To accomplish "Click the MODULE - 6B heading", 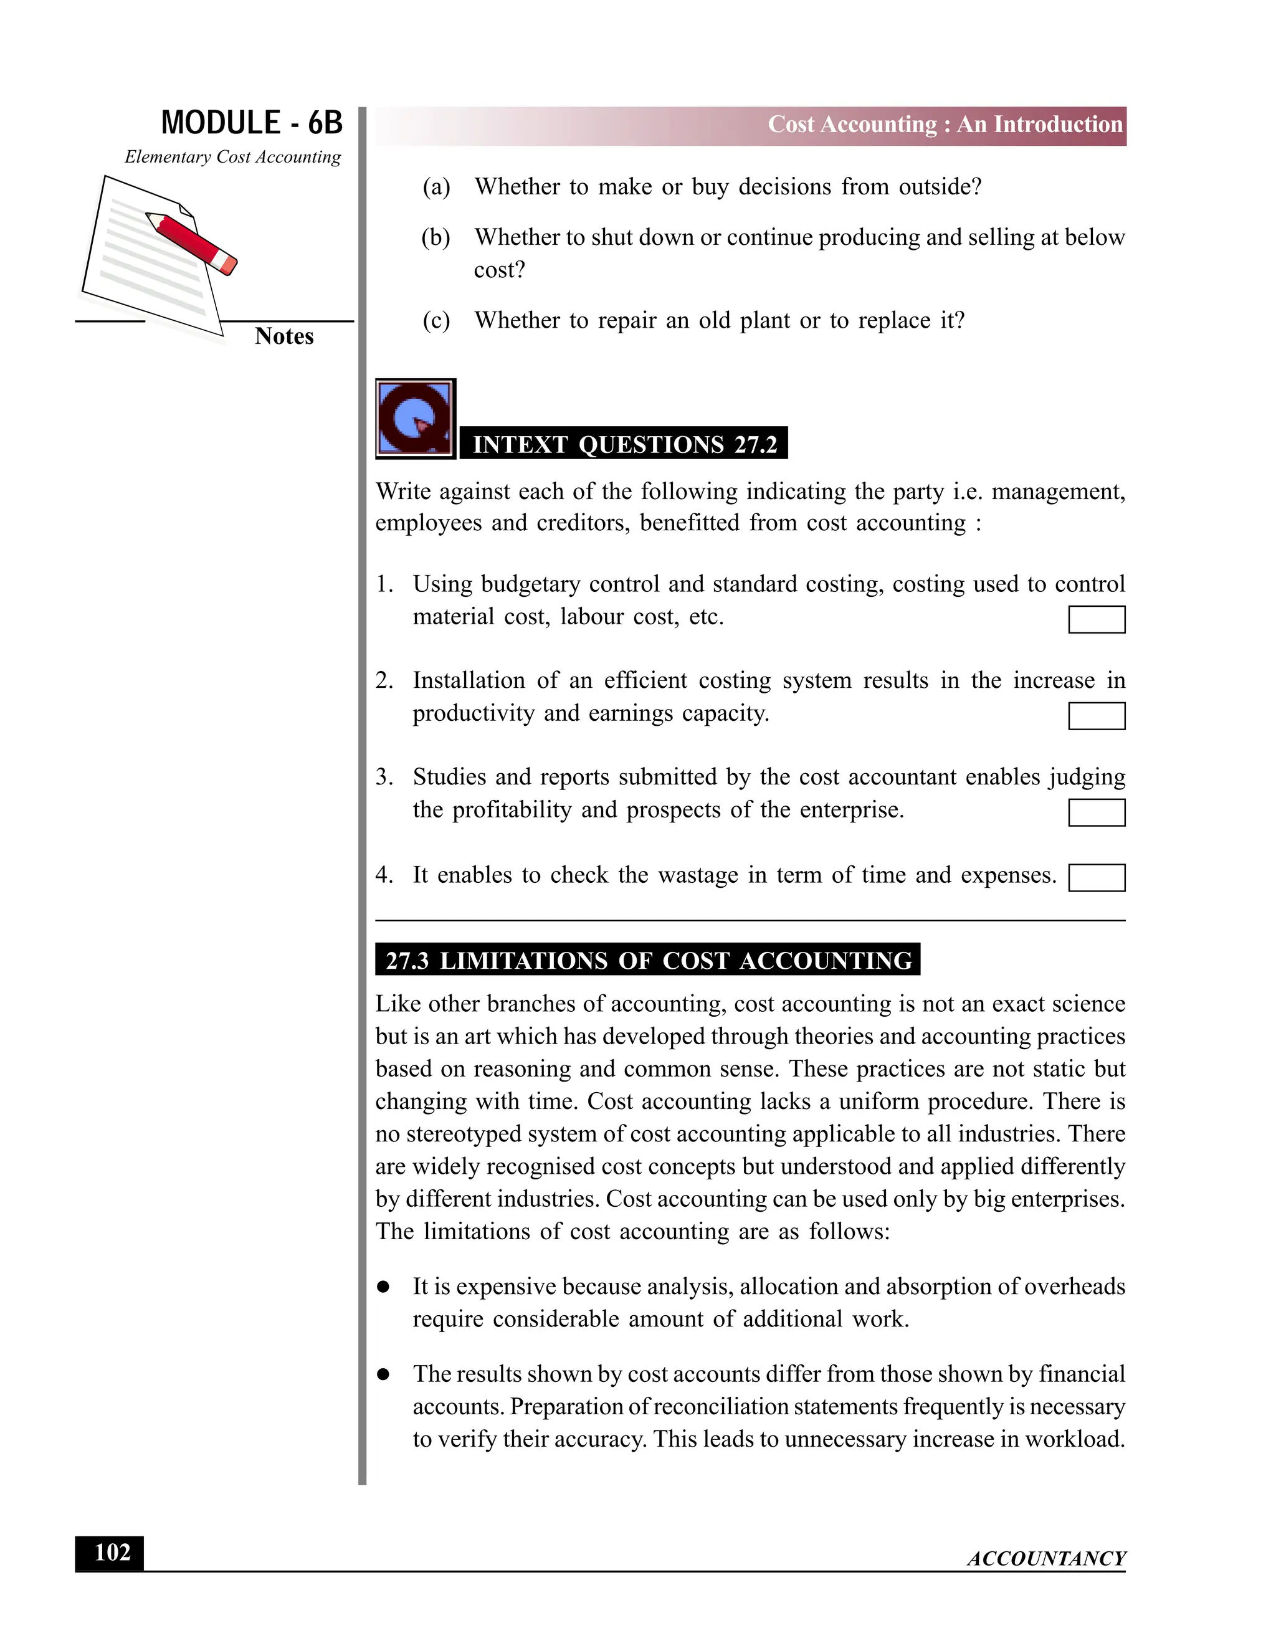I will click(x=252, y=123).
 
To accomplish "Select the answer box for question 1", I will click(x=1096, y=619).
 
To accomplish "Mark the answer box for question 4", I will click(x=1096, y=878).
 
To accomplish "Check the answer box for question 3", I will click(x=1096, y=812).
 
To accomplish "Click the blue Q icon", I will click(x=415, y=418).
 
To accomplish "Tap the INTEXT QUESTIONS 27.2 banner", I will click(x=624, y=443).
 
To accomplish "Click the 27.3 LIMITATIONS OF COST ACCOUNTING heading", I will click(x=648, y=960).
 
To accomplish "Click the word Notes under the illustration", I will click(x=283, y=336).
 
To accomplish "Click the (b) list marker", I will click(x=436, y=237).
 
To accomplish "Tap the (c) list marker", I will click(x=436, y=320).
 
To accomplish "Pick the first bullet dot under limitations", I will click(x=383, y=1287).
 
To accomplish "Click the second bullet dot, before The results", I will click(x=383, y=1374).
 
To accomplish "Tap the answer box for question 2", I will click(x=1096, y=716).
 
